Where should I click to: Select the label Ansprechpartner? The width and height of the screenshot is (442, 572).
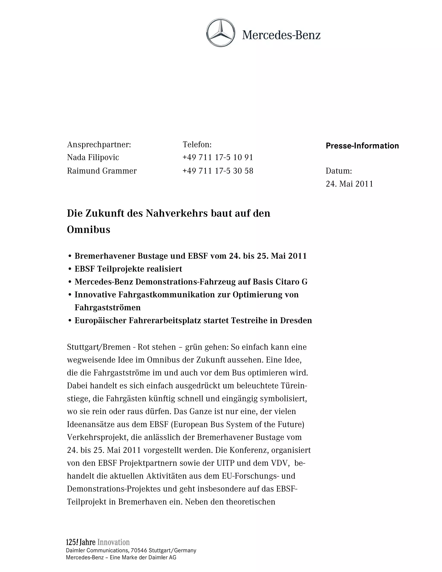(99, 144)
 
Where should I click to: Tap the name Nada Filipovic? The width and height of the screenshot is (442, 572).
(93, 157)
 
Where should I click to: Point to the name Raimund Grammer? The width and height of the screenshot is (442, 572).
(102, 171)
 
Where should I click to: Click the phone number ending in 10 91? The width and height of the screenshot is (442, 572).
(218, 157)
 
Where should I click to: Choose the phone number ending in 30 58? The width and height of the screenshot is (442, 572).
(218, 171)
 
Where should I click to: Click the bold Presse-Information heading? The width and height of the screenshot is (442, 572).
(362, 146)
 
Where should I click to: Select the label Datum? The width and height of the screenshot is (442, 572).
(339, 171)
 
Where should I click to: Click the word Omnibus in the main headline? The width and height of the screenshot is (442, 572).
(88, 230)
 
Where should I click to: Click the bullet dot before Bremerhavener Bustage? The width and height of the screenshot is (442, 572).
(70, 256)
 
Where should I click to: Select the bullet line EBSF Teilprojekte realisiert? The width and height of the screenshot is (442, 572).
(128, 269)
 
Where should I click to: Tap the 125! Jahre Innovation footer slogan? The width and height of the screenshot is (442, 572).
(98, 542)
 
